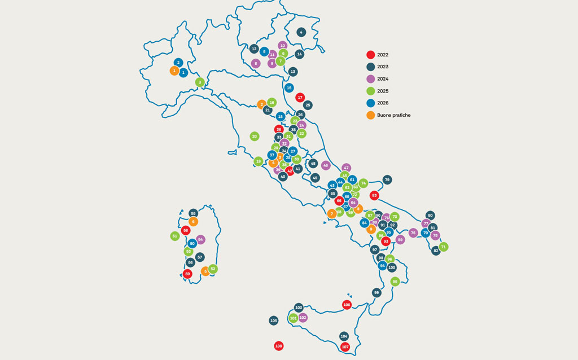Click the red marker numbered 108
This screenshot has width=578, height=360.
[x=278, y=345]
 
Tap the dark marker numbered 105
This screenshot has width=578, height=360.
[x=274, y=321]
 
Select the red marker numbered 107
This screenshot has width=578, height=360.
[x=345, y=346]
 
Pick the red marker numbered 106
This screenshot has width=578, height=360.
[x=347, y=305]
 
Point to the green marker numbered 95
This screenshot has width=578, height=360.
[x=395, y=282]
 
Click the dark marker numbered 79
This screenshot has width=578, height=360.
[x=387, y=180]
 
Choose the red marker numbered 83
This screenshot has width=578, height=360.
[x=374, y=195]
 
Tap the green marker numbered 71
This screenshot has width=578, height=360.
[x=444, y=247]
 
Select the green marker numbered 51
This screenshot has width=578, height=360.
[x=175, y=236]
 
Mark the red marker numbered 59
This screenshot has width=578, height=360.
[x=188, y=274]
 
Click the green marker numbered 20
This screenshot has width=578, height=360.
[x=255, y=136]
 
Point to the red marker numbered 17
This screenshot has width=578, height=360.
[x=300, y=98]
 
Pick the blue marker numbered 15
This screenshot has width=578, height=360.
[x=289, y=87]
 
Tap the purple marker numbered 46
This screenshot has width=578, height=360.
[x=326, y=165]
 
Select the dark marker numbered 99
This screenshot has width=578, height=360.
[x=376, y=292]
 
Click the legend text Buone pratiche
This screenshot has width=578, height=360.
[x=393, y=115]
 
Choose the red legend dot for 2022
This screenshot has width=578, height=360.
[x=370, y=55]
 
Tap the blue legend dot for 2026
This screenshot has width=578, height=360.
[x=370, y=103]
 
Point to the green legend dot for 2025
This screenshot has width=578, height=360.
[x=370, y=91]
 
